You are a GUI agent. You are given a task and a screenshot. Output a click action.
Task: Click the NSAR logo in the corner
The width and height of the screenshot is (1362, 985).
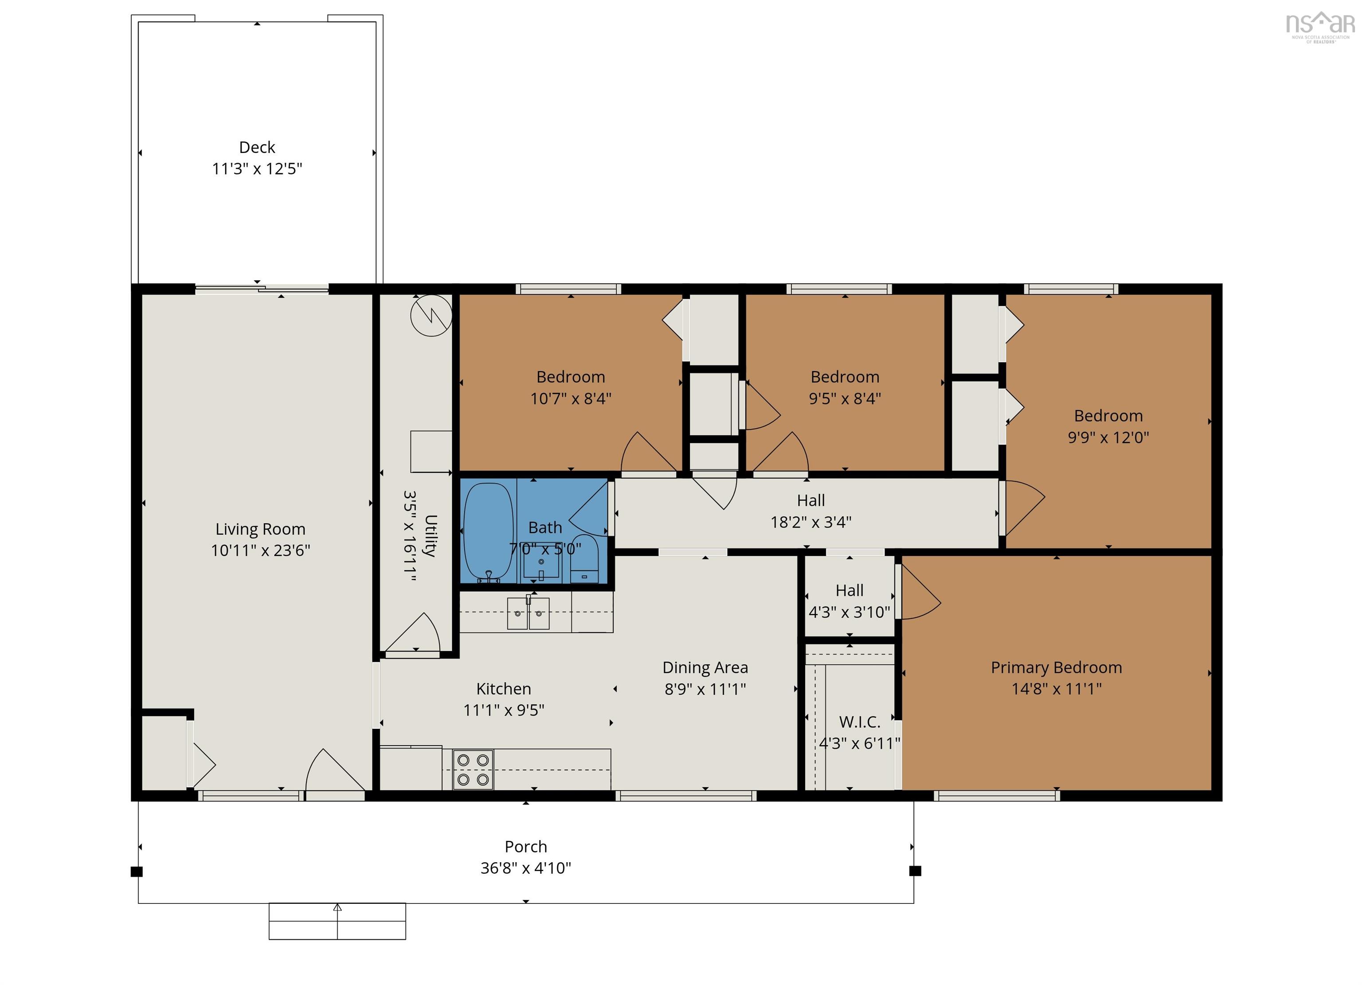1319,27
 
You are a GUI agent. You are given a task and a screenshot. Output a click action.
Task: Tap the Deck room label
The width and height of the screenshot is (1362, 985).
257,147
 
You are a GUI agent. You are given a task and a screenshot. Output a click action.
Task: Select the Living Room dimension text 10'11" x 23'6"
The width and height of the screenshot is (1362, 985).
260,550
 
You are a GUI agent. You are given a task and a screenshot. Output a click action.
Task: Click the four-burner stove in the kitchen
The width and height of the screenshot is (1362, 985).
473,770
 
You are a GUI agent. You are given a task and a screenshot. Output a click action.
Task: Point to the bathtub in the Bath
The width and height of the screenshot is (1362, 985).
488,532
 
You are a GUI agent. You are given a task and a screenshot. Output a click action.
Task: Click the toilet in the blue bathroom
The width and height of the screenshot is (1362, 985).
584,559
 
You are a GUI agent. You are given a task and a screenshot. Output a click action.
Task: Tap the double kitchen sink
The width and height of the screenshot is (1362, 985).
528,613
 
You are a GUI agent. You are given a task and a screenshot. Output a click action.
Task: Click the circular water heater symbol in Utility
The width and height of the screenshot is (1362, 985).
431,315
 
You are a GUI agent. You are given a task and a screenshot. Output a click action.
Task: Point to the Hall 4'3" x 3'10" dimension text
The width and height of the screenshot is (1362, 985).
849,612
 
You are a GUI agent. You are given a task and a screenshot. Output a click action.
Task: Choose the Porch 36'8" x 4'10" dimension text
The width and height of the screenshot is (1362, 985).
525,868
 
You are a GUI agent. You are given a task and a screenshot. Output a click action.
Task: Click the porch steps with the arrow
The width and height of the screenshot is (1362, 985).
337,921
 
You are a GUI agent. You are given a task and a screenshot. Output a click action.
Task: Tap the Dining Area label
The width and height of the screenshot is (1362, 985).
705,667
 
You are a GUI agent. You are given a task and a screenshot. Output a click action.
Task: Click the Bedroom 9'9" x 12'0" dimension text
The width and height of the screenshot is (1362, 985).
1108,437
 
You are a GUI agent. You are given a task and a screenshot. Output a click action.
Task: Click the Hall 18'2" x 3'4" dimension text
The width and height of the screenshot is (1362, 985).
811,522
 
